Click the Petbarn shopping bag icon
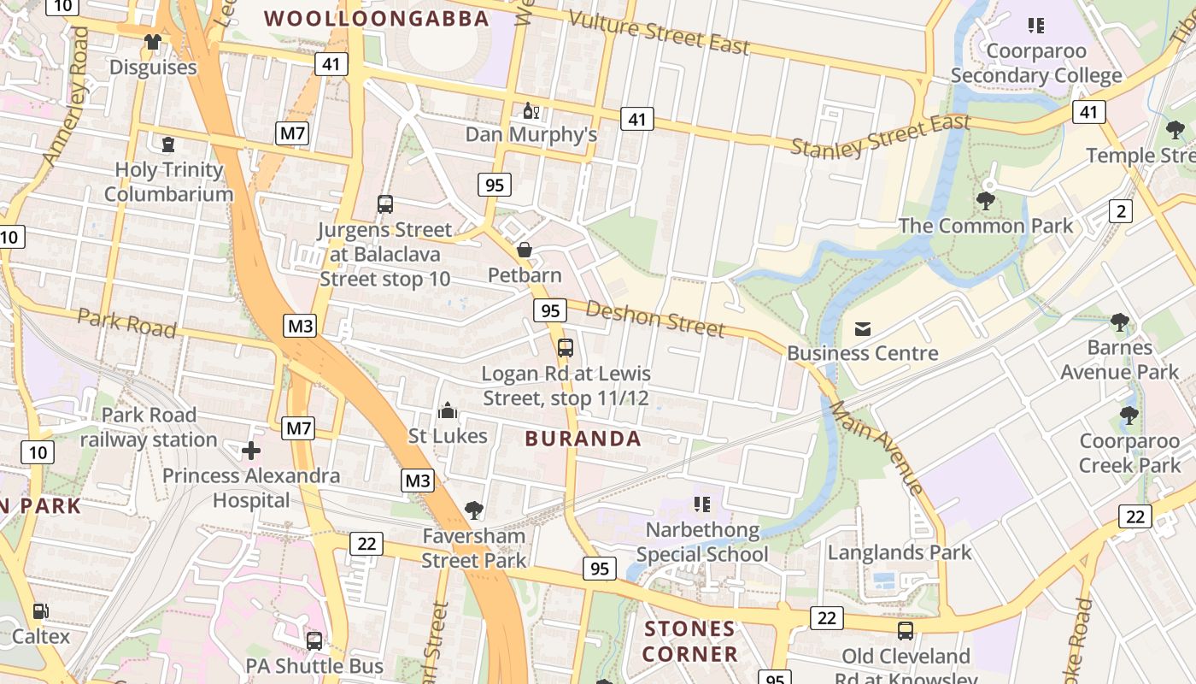[x=525, y=250]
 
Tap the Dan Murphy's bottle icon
[x=530, y=110]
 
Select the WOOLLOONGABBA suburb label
[x=377, y=18]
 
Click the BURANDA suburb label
[x=583, y=439]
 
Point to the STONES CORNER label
[x=690, y=641]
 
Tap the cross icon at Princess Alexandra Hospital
[x=251, y=450]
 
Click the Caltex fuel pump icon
[x=40, y=611]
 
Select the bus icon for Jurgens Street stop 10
[x=385, y=204]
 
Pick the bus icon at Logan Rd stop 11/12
[x=565, y=348]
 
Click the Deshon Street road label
[x=655, y=319]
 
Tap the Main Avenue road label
[x=876, y=446]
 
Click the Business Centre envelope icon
[x=862, y=328]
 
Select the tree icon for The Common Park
[x=985, y=201]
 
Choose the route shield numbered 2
[x=1121, y=210]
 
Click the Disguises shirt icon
[x=153, y=42]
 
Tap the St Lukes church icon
[x=447, y=411]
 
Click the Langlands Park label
[x=900, y=552]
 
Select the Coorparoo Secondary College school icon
[x=1036, y=26]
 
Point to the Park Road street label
[x=126, y=322]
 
